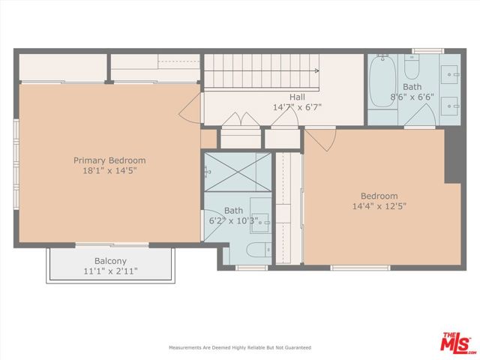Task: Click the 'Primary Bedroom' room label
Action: [x=109, y=160]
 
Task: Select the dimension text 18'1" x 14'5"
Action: [x=109, y=171]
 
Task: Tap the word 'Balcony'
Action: [x=109, y=261]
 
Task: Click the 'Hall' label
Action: [x=297, y=97]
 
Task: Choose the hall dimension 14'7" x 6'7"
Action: [x=297, y=107]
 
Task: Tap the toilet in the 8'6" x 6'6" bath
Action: [x=412, y=70]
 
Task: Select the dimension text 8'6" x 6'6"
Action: [x=412, y=97]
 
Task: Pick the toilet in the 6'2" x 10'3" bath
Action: [x=256, y=250]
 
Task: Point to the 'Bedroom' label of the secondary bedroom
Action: [x=379, y=196]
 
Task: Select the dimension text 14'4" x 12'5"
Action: [x=379, y=206]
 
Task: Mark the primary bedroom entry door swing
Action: [x=188, y=112]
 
